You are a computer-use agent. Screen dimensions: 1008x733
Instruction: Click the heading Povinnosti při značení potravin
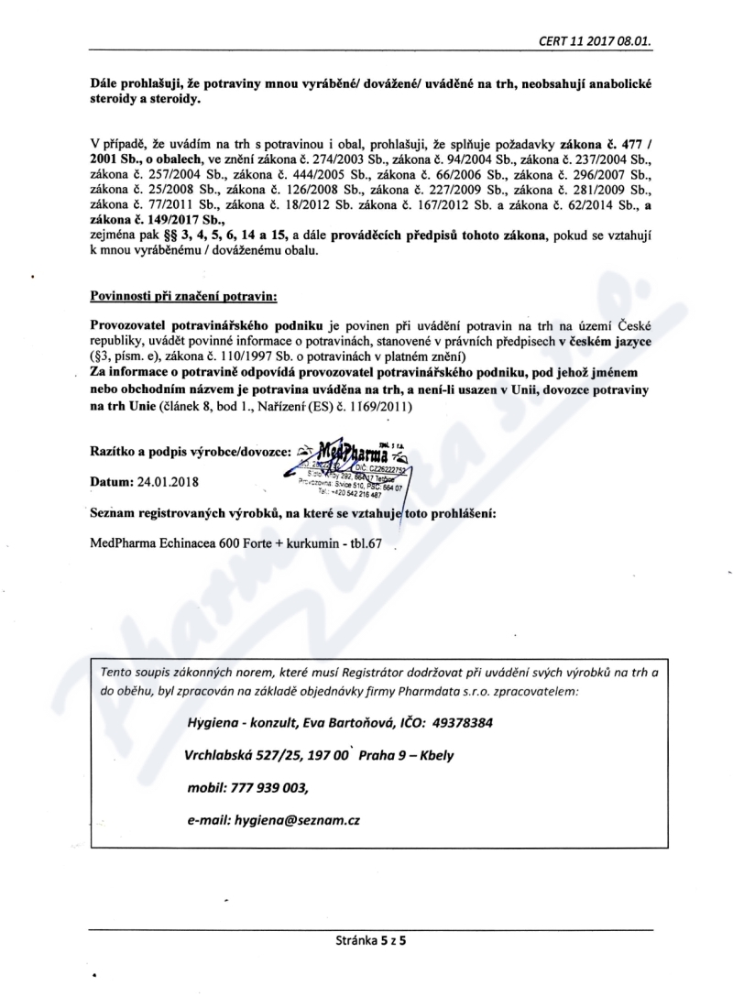[x=183, y=297]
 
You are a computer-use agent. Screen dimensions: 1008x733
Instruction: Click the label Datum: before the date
[x=115, y=480]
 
